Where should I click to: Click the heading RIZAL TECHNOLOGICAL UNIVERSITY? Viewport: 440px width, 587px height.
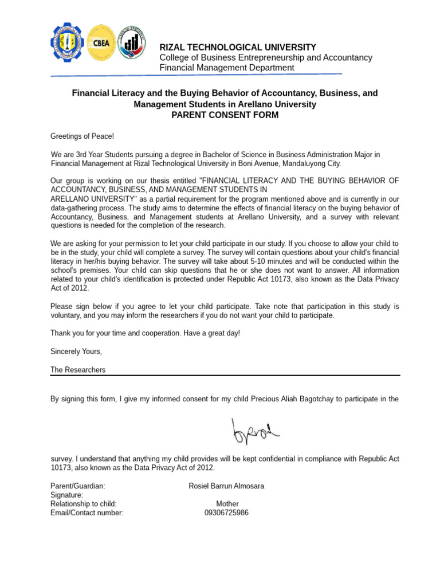pyautogui.click(x=237, y=47)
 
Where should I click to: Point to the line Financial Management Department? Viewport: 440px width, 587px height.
pyautogui.click(x=226, y=68)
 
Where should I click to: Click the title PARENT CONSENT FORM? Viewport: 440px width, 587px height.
pyautogui.click(x=225, y=115)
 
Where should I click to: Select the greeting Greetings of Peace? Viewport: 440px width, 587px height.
pyautogui.click(x=82, y=136)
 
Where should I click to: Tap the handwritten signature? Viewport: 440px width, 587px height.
pyautogui.click(x=254, y=431)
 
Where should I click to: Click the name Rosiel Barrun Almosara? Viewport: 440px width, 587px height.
pyautogui.click(x=226, y=486)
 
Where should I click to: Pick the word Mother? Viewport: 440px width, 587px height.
pyautogui.click(x=227, y=504)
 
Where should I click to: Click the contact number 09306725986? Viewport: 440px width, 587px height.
pyautogui.click(x=226, y=513)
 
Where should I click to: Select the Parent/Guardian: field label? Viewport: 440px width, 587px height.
pyautogui.click(x=77, y=486)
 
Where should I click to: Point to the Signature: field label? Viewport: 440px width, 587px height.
pyautogui.click(x=66, y=495)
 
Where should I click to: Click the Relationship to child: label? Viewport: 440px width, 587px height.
pyautogui.click(x=83, y=504)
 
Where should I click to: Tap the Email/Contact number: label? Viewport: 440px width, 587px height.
pyautogui.click(x=87, y=513)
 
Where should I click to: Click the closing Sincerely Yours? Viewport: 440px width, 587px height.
pyautogui.click(x=76, y=351)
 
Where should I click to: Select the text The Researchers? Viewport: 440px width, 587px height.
pyautogui.click(x=78, y=370)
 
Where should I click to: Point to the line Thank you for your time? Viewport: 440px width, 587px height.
pyautogui.click(x=145, y=333)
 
